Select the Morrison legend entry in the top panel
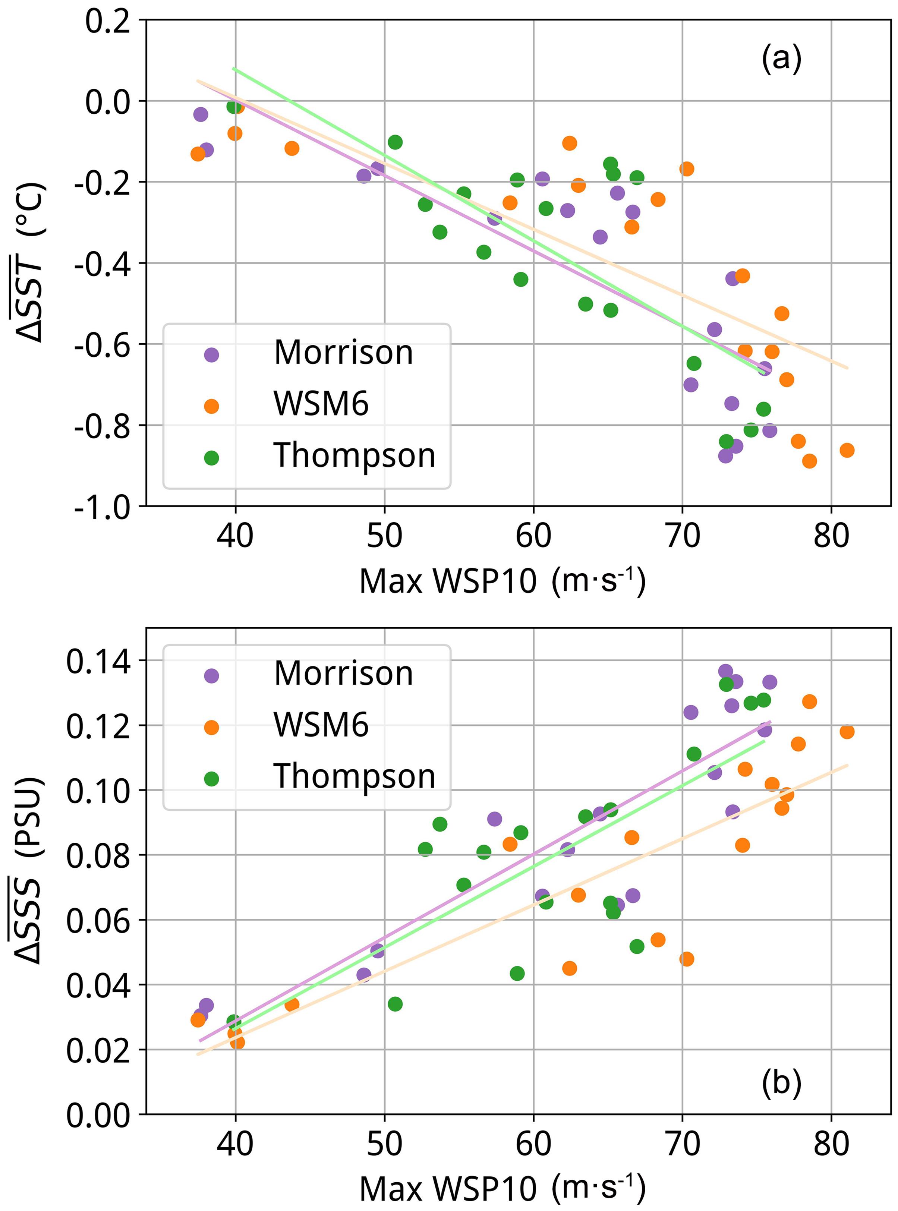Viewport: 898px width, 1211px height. point(310,354)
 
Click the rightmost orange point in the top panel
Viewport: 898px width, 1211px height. point(846,450)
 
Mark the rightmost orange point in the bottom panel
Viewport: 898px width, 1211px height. point(846,732)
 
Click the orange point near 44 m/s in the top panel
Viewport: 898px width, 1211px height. point(292,148)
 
